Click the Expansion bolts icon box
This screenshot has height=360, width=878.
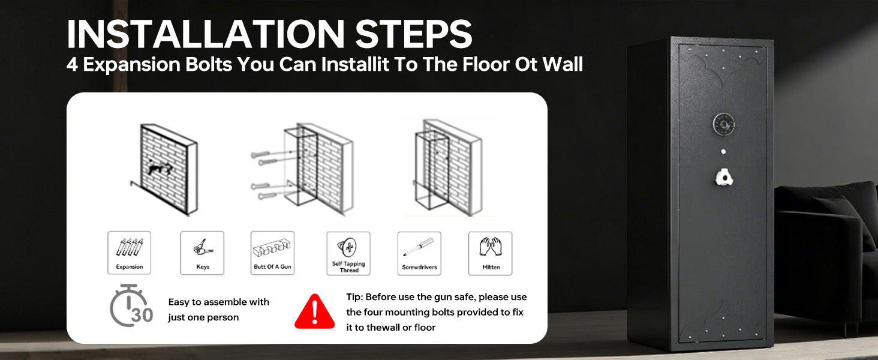point(130,253)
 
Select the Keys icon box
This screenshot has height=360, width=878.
point(202,253)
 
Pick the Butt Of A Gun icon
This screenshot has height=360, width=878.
point(272,253)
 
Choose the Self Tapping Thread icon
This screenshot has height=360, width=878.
point(348,253)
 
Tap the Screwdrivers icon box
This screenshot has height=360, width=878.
point(419,253)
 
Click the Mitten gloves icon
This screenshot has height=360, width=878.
point(491,253)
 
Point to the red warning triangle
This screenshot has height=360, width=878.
point(315,312)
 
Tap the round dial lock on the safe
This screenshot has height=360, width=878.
point(723,124)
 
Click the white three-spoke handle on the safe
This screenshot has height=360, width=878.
point(723,177)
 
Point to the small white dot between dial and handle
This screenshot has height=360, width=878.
point(723,151)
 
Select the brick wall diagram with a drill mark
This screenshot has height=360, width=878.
point(164,169)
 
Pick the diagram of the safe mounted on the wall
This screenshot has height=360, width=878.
point(447,167)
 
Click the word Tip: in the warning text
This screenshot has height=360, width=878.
point(354,297)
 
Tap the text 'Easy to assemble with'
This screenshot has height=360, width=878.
point(219,302)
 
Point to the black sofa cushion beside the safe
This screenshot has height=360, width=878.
point(843,220)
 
